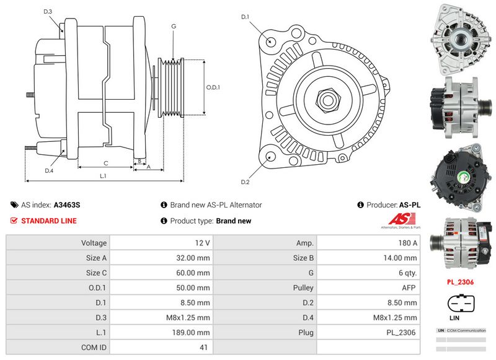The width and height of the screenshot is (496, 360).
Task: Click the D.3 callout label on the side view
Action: coord(48,12)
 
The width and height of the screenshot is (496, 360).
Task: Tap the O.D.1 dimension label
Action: coord(213,87)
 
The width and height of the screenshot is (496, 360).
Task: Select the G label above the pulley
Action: coord(174,26)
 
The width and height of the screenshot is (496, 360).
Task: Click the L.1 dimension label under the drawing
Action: coord(104,176)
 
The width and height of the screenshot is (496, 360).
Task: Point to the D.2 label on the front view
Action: coord(245,182)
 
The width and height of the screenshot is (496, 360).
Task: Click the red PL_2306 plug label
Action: coord(460,282)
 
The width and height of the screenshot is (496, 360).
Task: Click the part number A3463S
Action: coord(67,204)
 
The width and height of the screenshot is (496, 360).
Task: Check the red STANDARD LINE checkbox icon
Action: coord(14,221)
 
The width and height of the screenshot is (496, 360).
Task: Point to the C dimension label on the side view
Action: coord(106,164)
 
